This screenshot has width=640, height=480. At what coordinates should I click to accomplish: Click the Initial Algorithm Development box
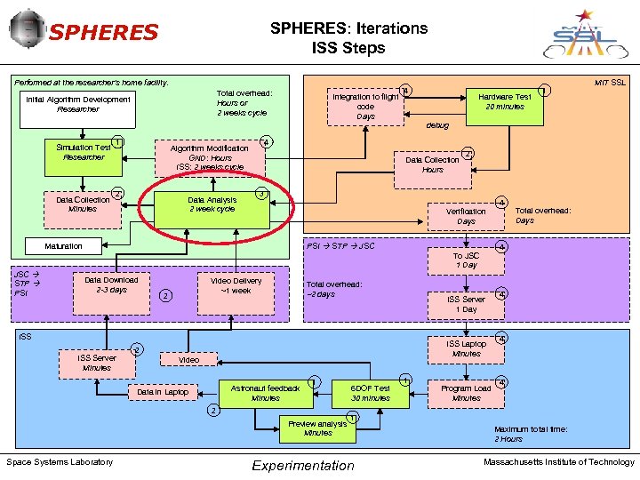tap(78, 104)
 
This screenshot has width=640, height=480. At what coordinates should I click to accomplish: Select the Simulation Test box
tap(83, 152)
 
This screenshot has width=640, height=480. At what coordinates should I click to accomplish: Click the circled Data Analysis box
tap(212, 204)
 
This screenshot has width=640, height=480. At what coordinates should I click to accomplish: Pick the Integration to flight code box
tap(365, 106)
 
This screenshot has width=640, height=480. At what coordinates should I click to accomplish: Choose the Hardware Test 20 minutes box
tap(504, 101)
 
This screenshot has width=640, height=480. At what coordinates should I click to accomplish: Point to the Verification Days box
tap(466, 216)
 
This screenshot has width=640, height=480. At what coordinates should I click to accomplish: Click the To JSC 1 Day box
tap(466, 260)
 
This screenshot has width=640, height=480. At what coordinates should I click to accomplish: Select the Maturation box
tap(64, 246)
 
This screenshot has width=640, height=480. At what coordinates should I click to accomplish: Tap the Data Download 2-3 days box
tap(111, 284)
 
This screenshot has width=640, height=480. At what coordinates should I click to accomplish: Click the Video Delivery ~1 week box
tap(236, 285)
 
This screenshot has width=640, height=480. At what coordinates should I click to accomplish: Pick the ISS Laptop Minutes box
tap(466, 348)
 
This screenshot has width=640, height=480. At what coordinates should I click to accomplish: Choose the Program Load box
tap(466, 393)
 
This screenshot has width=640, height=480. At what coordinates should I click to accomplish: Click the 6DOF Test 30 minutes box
tap(370, 393)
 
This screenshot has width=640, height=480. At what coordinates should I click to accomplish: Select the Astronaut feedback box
tap(265, 393)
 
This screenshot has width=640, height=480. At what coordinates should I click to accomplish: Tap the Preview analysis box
tap(317, 428)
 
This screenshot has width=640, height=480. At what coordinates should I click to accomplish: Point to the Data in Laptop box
tap(163, 392)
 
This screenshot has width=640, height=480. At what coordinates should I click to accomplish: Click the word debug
tap(437, 125)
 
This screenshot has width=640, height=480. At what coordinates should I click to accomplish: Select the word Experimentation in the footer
tap(302, 465)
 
